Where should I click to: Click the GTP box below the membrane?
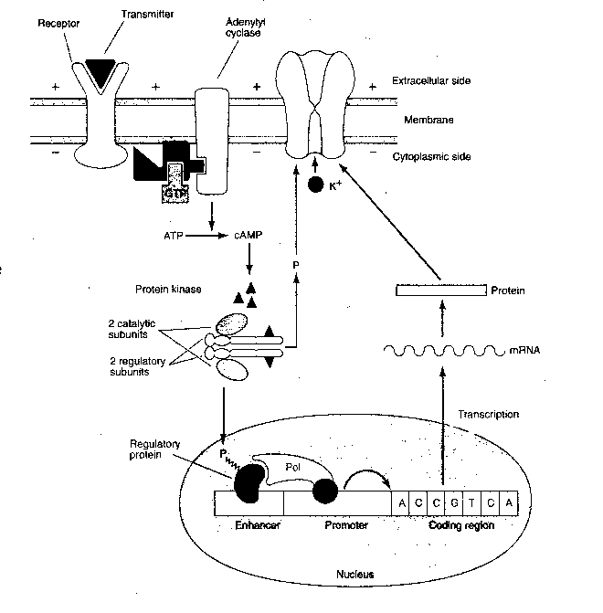point(175,194)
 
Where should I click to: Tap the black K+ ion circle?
point(316,185)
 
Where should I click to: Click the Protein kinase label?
point(161,289)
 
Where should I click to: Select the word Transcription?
point(492,414)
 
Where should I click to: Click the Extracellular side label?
point(431,80)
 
